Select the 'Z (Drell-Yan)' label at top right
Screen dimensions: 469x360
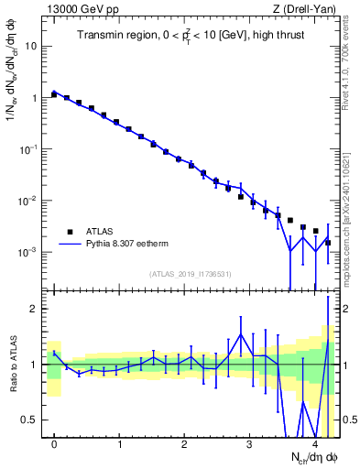307,9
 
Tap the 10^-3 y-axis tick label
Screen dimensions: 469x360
29,251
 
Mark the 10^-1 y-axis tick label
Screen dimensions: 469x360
29,148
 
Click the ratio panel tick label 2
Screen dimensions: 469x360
35,309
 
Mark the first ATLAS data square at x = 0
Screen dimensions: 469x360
55,94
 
